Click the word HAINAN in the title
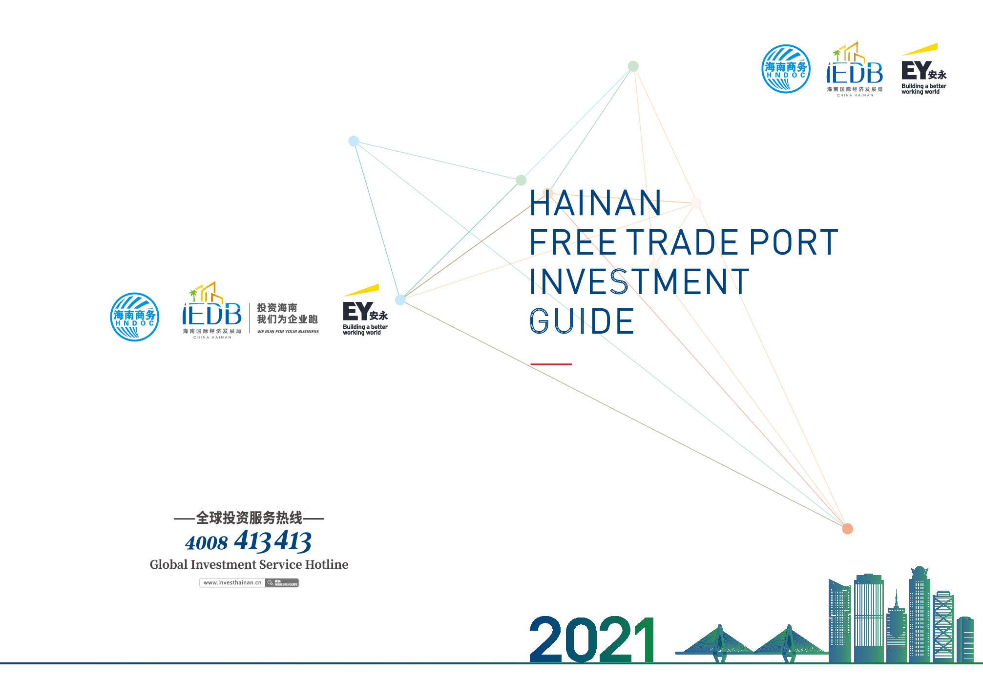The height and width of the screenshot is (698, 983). click(x=595, y=203)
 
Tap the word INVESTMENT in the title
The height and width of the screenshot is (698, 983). click(x=639, y=281)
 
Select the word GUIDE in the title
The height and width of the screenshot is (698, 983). click(x=582, y=321)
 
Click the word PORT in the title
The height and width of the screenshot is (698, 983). click(x=794, y=242)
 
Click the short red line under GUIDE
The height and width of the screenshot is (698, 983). click(x=551, y=364)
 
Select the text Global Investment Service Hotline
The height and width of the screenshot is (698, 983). click(x=249, y=564)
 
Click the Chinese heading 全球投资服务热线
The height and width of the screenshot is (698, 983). click(x=249, y=518)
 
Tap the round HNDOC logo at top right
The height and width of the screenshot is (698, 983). click(x=786, y=69)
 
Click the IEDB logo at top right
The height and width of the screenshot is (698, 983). click(x=855, y=71)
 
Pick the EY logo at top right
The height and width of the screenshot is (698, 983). click(x=923, y=70)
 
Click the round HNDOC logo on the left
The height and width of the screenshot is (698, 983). click(x=134, y=317)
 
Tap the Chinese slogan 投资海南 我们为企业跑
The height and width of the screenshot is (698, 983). click(x=287, y=314)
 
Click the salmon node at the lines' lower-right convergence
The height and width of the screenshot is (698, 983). click(x=848, y=529)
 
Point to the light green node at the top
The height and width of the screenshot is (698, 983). click(x=633, y=66)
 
